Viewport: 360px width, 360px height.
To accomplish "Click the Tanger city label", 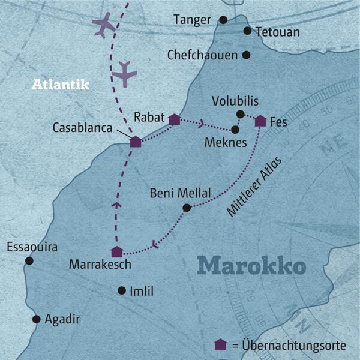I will (192, 20).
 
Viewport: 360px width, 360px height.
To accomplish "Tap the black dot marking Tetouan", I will (247, 31).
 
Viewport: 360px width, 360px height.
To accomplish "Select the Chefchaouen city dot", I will (246, 55).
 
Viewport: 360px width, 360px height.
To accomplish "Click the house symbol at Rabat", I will (174, 119).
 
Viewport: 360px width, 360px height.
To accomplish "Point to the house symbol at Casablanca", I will (136, 142).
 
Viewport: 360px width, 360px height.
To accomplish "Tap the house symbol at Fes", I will (260, 121).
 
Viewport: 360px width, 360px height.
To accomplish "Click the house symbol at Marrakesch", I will (117, 252).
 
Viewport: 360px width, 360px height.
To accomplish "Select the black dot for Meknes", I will (235, 129).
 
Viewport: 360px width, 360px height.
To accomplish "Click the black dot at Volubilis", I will (240, 114).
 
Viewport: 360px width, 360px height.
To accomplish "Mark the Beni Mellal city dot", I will (186, 208).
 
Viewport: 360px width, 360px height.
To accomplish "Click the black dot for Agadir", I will (37, 319).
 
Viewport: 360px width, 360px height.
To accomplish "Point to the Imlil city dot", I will (122, 291).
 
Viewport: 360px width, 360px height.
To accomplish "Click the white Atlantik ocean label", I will (60, 85).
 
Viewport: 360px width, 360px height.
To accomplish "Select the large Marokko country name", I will (251, 265).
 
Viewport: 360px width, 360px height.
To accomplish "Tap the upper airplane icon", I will (103, 25).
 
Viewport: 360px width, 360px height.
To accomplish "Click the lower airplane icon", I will (125, 73).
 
